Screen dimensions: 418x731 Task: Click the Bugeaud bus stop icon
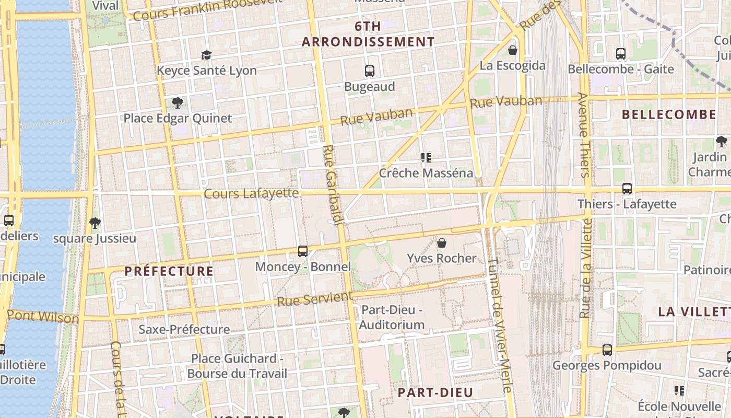(x=370, y=71)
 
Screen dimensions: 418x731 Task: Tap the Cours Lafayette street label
(x=251, y=194)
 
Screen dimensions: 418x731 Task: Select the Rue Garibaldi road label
(x=333, y=185)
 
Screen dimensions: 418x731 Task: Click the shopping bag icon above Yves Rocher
(x=442, y=243)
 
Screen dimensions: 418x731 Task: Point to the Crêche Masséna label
(x=426, y=173)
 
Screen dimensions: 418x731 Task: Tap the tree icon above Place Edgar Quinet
(x=177, y=102)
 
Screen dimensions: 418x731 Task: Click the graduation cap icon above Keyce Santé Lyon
(x=207, y=55)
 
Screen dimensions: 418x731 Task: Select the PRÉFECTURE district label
(x=169, y=271)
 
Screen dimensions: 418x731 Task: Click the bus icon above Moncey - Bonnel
(x=303, y=251)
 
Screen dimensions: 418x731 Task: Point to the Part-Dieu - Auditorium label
(x=393, y=317)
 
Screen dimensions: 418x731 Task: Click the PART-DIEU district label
(x=435, y=392)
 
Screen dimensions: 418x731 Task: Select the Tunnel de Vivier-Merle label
(x=500, y=325)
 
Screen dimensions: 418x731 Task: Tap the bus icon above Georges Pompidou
(x=607, y=350)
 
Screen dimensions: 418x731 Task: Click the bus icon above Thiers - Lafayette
(x=627, y=189)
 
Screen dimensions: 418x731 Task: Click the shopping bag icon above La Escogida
(x=513, y=50)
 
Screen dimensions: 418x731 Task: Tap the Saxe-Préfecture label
(x=184, y=330)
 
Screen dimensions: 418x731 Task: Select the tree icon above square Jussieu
(x=95, y=224)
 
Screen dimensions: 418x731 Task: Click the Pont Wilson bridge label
(x=43, y=317)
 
